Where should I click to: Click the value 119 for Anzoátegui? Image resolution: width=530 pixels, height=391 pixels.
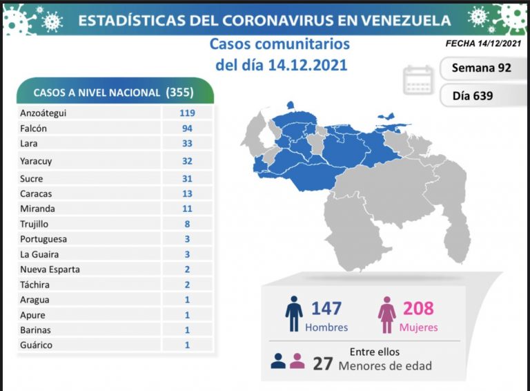click(x=187, y=113)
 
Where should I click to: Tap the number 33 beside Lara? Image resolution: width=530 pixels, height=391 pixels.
click(x=187, y=144)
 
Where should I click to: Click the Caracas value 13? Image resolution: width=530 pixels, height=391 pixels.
click(x=187, y=193)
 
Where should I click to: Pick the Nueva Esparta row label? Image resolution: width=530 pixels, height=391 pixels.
click(x=50, y=269)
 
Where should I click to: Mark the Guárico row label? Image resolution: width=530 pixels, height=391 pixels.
click(x=36, y=345)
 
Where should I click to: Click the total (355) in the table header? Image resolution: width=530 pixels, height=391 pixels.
click(x=179, y=92)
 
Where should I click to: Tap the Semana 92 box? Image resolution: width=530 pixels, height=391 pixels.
click(x=480, y=68)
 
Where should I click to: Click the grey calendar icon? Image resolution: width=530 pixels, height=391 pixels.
click(x=418, y=80)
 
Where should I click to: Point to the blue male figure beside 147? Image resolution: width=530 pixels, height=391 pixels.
click(x=294, y=315)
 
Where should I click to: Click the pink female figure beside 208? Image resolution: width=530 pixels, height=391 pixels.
click(x=386, y=315)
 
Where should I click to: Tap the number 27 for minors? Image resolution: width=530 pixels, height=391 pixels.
click(x=322, y=363)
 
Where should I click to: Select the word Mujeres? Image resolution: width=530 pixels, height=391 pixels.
click(x=418, y=327)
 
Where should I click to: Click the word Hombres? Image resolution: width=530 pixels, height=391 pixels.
click(x=326, y=327)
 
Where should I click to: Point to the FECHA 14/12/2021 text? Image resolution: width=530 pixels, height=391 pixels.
click(x=483, y=44)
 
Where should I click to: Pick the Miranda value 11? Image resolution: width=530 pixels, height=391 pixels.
click(x=187, y=209)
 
